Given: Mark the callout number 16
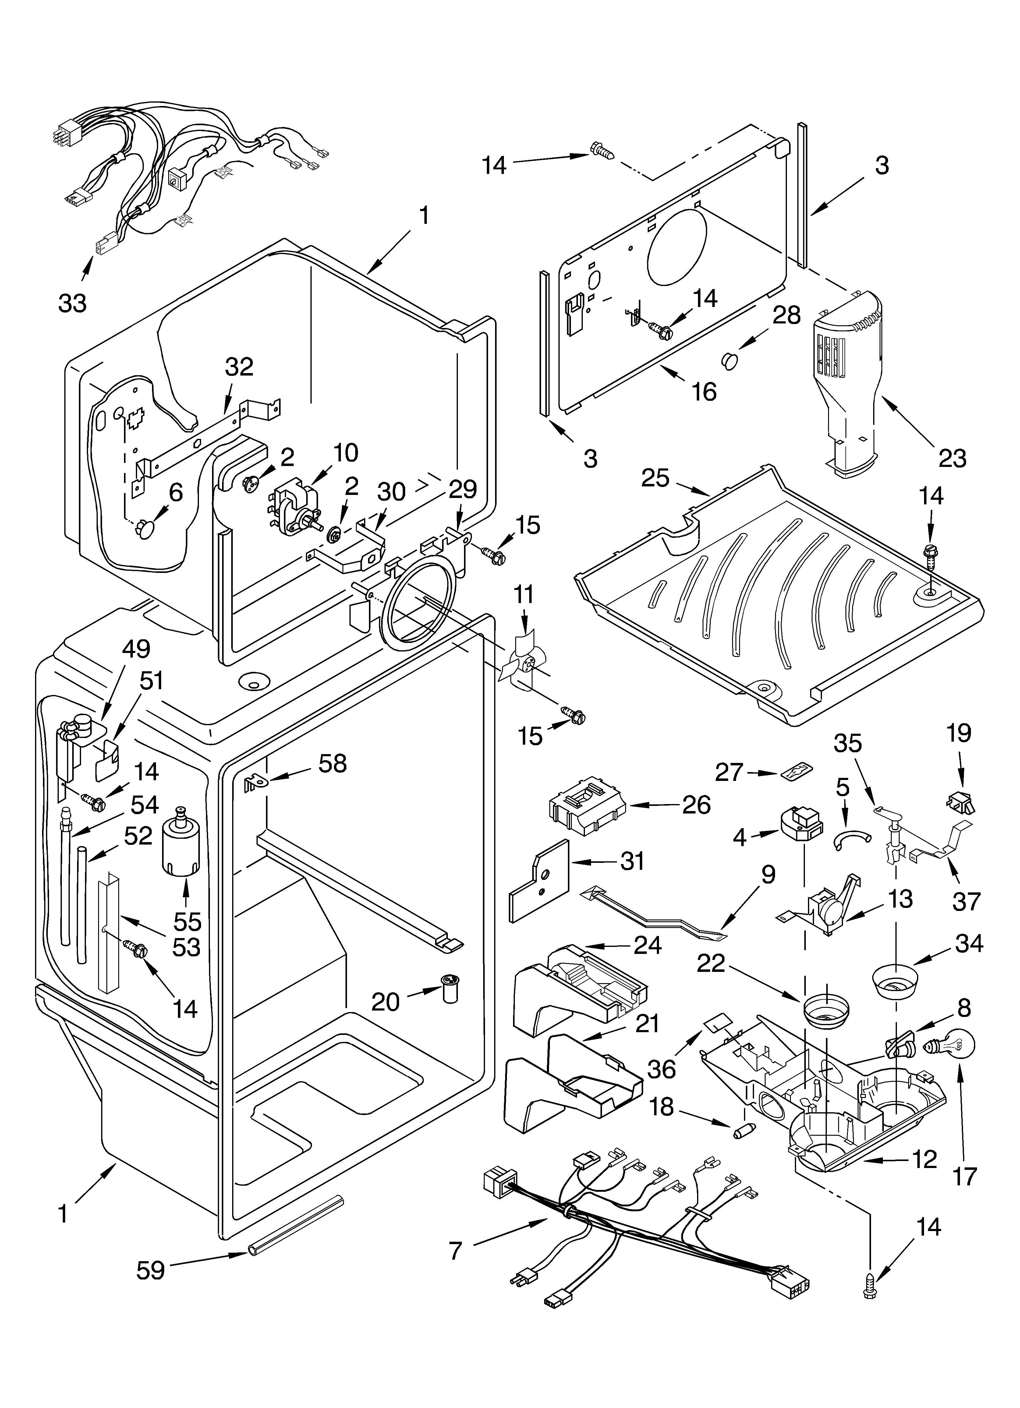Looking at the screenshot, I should [704, 392].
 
